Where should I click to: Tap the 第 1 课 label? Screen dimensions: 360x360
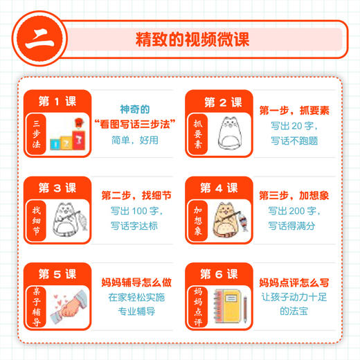pyautogui.click(x=58, y=102)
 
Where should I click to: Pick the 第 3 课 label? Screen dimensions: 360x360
pyautogui.click(x=58, y=188)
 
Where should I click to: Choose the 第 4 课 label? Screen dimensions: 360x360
pyautogui.click(x=220, y=188)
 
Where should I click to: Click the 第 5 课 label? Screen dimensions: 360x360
pyautogui.click(x=58, y=273)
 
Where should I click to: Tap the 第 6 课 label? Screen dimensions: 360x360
pyautogui.click(x=220, y=274)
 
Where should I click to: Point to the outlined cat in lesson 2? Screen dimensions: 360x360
pyautogui.click(x=231, y=132)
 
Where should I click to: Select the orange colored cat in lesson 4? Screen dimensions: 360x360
pyautogui.click(x=229, y=217)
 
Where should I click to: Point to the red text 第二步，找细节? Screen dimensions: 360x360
pyautogui.click(x=134, y=196)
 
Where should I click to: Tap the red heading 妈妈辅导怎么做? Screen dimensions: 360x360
pyautogui.click(x=134, y=282)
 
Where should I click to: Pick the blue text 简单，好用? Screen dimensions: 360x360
pyautogui.click(x=134, y=139)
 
